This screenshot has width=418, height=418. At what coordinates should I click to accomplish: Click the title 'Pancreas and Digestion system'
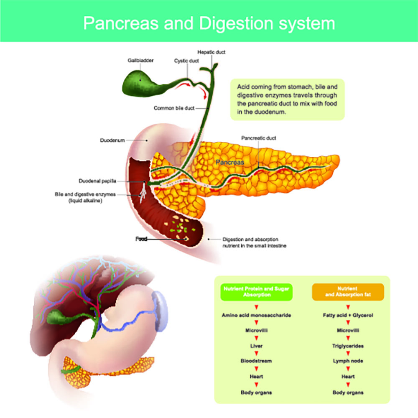[x=209, y=23]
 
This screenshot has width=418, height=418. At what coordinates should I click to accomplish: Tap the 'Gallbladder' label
[x=140, y=61]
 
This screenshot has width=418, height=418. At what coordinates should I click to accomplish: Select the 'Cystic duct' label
[x=186, y=61]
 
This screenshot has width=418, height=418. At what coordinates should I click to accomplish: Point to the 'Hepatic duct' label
[x=212, y=52]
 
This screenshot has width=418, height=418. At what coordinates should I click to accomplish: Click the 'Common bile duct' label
[x=174, y=108]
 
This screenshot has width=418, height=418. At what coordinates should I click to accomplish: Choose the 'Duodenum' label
[x=112, y=140]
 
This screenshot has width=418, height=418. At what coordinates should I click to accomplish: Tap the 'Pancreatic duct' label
[x=259, y=138]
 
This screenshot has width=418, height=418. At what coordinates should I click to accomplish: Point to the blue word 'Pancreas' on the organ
[x=230, y=162]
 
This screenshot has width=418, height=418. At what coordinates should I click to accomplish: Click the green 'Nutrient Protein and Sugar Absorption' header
[x=256, y=291]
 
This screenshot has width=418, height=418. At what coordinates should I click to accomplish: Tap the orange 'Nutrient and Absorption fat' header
[x=348, y=291]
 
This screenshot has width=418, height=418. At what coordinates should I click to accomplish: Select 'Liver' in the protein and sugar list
[x=256, y=346]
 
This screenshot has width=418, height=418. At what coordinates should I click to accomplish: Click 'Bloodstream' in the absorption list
[x=256, y=361]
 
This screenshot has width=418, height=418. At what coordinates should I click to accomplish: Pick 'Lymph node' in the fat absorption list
[x=348, y=361]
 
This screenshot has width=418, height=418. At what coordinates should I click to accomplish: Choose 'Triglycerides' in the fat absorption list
[x=348, y=346]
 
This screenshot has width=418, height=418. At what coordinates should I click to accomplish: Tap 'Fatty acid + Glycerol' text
[x=348, y=315]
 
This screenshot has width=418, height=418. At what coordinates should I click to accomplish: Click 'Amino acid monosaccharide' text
[x=256, y=315]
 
